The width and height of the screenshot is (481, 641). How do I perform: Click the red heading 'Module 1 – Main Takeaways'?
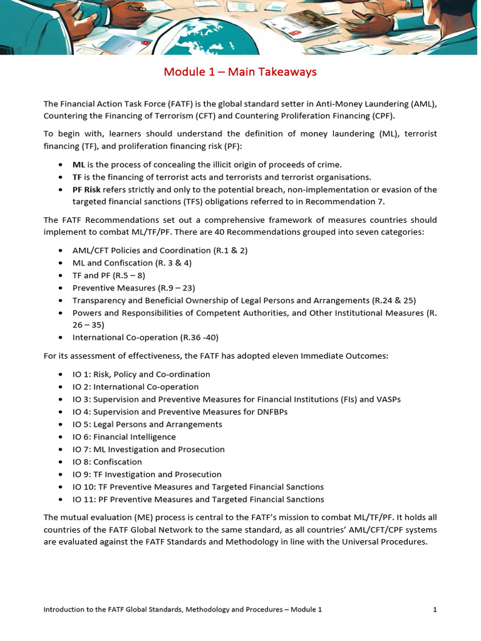(240, 72)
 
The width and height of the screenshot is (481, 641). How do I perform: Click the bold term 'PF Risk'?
(86, 190)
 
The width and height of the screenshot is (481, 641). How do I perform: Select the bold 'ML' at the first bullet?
(78, 165)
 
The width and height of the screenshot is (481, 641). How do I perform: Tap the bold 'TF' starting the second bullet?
(77, 177)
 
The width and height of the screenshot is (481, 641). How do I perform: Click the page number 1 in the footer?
(435, 609)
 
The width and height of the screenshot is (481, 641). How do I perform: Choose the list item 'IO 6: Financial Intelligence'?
(124, 437)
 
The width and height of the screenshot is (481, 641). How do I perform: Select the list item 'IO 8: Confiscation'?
(107, 462)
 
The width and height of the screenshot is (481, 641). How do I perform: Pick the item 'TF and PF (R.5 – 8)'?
(110, 275)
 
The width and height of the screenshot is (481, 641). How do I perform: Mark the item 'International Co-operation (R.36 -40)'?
(145, 337)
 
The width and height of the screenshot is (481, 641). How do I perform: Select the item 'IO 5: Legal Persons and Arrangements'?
(147, 424)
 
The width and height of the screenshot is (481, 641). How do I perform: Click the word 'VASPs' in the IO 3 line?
(388, 399)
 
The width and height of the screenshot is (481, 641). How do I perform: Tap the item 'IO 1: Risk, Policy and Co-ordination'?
(142, 374)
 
